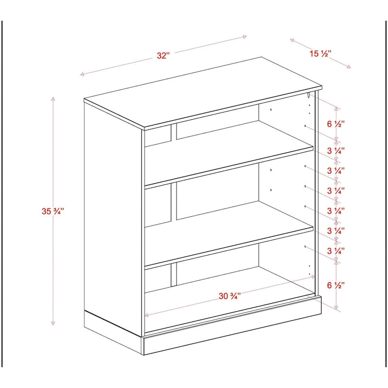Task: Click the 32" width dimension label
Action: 163,55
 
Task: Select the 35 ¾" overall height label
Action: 53,211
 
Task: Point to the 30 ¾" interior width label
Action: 229,296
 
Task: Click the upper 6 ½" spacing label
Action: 336,124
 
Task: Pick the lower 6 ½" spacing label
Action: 336,285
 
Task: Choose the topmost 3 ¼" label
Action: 336,151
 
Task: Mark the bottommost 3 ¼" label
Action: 336,251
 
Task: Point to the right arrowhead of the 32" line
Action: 245,36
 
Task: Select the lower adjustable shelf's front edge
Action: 228,247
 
